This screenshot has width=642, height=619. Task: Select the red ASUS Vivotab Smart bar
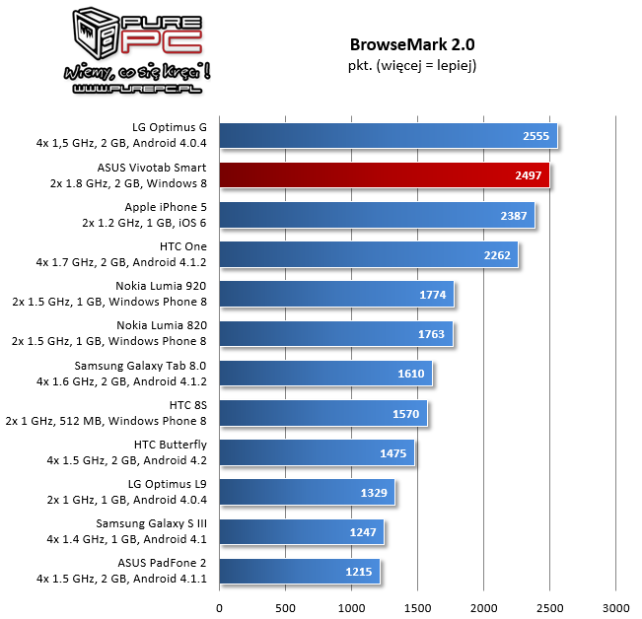point(384,175)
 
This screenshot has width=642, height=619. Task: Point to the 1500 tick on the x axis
point(417,607)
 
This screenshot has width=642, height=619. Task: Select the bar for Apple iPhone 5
point(376,215)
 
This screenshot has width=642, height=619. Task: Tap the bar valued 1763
point(335,333)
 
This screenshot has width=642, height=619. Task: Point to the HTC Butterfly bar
point(316,451)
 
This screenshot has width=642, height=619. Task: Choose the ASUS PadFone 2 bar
point(299,571)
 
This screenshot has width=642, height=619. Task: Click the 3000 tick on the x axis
point(615,607)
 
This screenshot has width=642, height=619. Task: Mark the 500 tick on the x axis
point(285,607)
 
